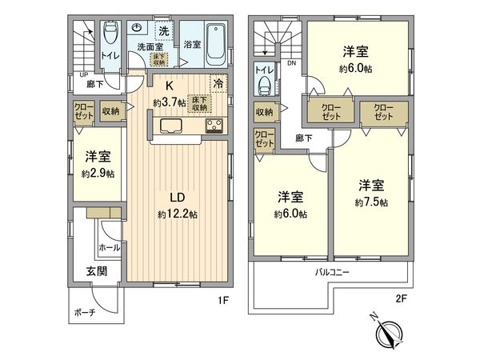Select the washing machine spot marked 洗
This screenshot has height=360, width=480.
tap(163, 30)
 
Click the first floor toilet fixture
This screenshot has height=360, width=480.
tap(110, 34)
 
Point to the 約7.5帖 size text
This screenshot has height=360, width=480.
tap(372, 203)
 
